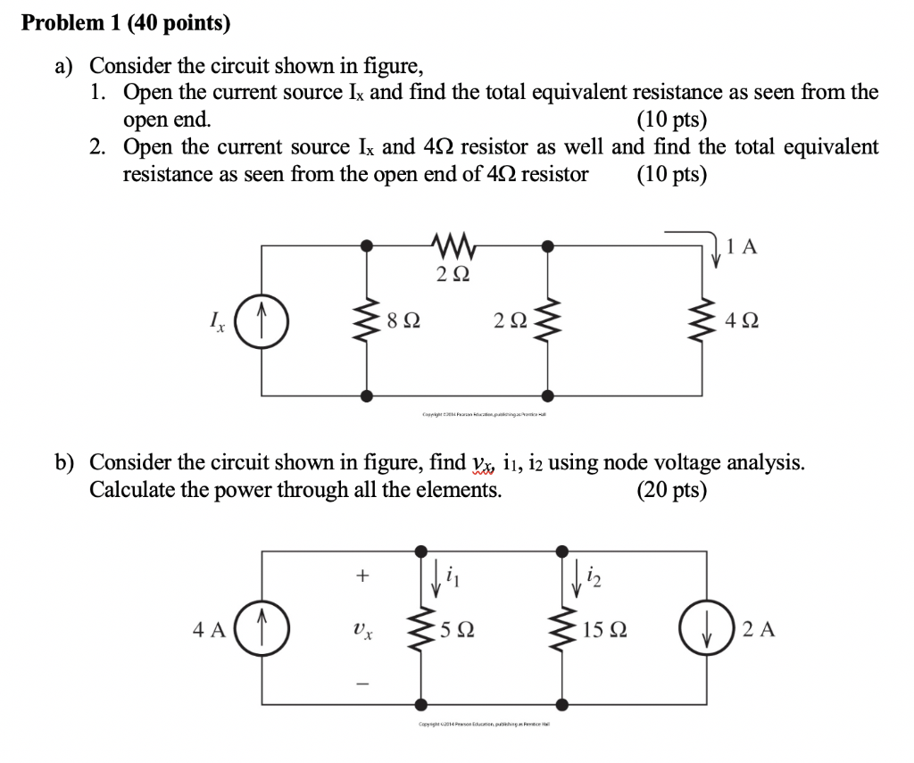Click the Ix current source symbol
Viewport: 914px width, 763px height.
coord(262,319)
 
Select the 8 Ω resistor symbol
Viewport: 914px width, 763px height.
coord(367,319)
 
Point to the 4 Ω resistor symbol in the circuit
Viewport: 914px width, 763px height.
coord(711,319)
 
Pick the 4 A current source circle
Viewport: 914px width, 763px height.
coord(262,629)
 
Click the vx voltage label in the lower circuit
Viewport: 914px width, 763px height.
coord(361,630)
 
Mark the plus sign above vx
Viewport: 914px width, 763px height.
coord(361,576)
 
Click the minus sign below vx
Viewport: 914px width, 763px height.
coord(361,684)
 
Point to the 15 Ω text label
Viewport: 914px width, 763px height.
coord(604,630)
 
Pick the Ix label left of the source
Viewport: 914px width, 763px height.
coord(214,319)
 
